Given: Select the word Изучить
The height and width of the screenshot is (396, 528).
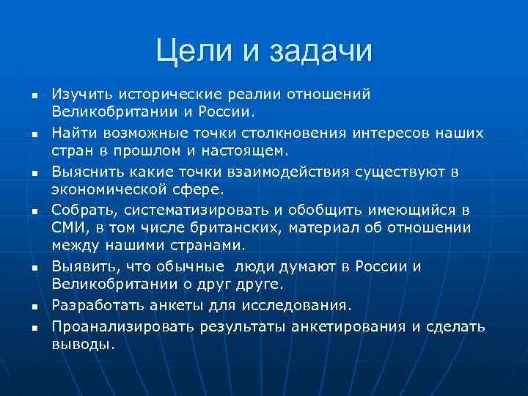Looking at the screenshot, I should point(76,94).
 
